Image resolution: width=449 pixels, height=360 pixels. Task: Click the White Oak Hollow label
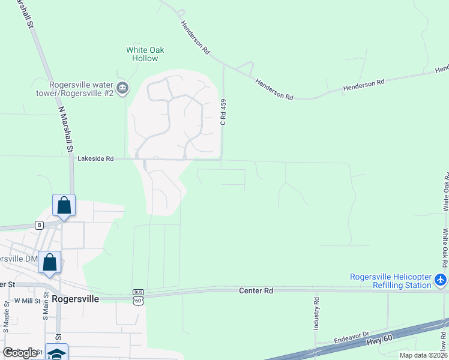(145, 54)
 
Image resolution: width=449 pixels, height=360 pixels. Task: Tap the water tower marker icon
(122, 89)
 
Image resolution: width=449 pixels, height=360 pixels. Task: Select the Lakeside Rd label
(95, 159)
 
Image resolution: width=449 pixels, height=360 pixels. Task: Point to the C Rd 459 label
(223, 112)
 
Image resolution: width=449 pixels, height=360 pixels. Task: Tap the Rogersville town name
(74, 298)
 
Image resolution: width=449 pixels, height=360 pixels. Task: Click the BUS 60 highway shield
(138, 297)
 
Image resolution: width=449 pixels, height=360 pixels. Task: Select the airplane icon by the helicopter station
(441, 280)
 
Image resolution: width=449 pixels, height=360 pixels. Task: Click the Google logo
(20, 353)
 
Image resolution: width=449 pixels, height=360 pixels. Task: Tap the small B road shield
(40, 225)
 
